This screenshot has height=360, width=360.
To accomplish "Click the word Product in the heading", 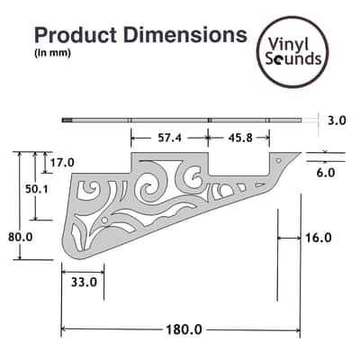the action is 76,35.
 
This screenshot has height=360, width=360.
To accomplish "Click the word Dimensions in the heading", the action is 185,35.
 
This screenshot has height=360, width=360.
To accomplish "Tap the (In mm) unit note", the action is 52,53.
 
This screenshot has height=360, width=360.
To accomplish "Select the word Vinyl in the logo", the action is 288,44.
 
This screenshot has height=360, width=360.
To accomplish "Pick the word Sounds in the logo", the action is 293,58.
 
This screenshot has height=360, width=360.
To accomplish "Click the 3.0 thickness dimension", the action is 337,121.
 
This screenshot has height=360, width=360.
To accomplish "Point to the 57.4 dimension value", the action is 169,138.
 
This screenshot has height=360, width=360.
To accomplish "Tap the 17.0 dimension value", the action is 62,163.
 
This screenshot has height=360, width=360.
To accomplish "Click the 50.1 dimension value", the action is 37,189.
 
